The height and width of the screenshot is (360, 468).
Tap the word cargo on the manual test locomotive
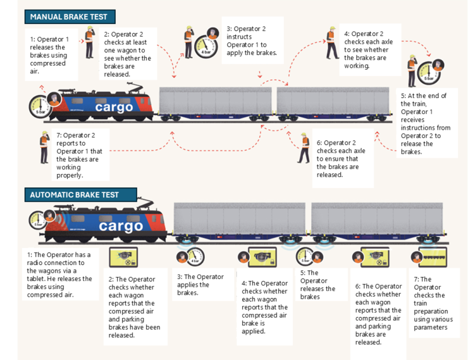[x=114, y=108]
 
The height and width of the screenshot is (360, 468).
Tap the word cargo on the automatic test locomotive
[x=121, y=226]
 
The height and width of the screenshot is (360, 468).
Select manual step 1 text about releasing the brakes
[x=48, y=55]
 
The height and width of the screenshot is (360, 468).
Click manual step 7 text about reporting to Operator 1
[x=75, y=155]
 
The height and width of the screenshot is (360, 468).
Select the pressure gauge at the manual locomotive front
[x=39, y=105]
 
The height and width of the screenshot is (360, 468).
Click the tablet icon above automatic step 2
[x=123, y=257]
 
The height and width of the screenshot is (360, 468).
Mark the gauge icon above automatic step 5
[x=305, y=257]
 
